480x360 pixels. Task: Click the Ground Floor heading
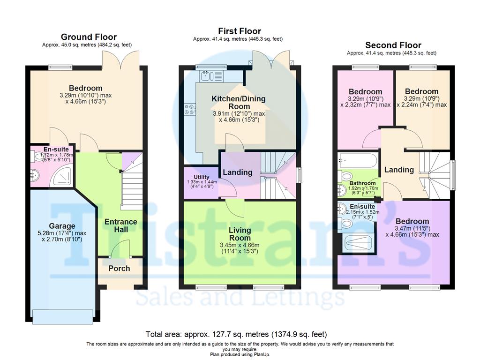tap(89, 37)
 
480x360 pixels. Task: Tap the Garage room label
tap(62, 226)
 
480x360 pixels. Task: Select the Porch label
tap(119, 269)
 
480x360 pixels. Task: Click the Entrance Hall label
tap(121, 225)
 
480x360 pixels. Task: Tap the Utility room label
tap(202, 177)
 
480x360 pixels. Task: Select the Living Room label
tap(240, 234)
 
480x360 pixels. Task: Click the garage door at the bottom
tap(63, 317)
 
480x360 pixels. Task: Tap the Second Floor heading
tap(393, 45)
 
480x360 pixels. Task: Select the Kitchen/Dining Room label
tap(239, 103)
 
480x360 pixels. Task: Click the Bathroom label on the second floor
tap(362, 183)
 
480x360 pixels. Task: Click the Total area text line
tap(236, 334)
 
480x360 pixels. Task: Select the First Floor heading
tap(240, 31)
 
